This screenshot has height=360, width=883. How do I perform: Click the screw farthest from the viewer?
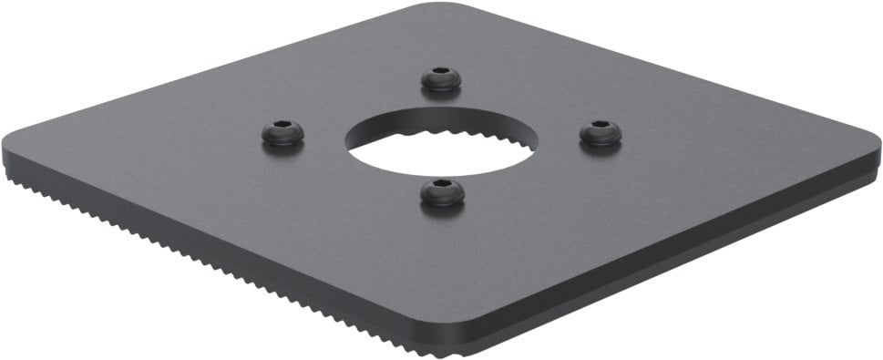pos(441,79)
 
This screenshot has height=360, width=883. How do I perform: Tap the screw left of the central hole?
pos(282,133)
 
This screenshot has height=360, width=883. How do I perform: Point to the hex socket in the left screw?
pos(282,129)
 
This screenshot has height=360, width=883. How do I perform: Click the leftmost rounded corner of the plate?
pos(11,146)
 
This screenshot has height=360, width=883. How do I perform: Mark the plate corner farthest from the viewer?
pos(428,7)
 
